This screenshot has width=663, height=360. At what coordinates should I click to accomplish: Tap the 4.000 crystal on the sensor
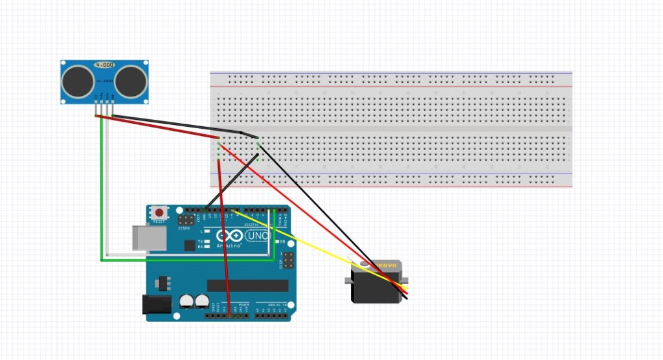point(106,65)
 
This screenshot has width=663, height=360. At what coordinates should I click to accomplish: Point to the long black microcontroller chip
point(247,286)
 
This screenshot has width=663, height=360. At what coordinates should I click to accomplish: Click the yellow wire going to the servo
point(311,245)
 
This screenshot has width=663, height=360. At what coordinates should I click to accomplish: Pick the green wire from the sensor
point(101,194)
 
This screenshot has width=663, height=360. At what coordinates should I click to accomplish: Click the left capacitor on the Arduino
point(186,301)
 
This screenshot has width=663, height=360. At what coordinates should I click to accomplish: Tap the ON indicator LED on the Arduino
point(276,242)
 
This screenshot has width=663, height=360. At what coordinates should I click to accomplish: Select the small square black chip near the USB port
point(188,245)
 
